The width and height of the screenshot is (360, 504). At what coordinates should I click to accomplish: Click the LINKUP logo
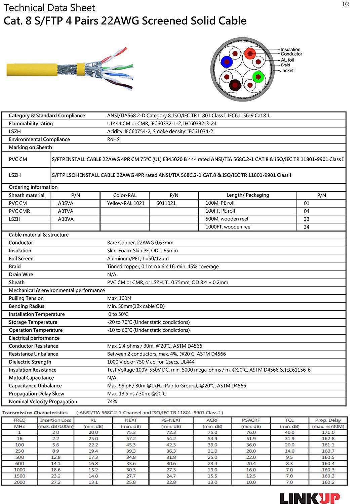click(310, 497)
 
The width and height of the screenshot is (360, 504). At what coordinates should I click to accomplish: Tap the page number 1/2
click(346, 4)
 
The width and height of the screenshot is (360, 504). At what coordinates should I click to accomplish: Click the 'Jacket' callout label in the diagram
click(287, 71)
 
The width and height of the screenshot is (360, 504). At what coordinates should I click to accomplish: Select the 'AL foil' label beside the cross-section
click(287, 60)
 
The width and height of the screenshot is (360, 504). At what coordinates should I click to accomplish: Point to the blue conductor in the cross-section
click(227, 62)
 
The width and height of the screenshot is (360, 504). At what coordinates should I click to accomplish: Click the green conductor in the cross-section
click(258, 77)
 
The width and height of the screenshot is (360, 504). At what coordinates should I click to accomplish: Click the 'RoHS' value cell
click(113, 139)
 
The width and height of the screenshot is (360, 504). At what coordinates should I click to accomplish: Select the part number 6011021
click(166, 203)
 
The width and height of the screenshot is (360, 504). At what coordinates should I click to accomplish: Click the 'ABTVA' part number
click(66, 211)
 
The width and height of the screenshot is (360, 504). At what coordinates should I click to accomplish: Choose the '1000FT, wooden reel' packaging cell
click(228, 227)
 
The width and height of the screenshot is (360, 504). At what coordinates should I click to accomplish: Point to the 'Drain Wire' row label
click(21, 275)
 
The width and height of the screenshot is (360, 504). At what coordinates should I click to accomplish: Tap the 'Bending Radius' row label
click(26, 306)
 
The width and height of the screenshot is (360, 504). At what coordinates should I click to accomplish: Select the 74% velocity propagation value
click(112, 402)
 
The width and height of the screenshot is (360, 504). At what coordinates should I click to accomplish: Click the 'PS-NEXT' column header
click(171, 420)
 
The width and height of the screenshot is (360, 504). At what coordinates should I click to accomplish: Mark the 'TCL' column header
click(289, 420)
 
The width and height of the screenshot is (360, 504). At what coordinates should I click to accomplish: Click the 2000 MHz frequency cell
click(19, 482)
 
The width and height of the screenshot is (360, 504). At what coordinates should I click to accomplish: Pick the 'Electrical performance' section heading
click(34, 338)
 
